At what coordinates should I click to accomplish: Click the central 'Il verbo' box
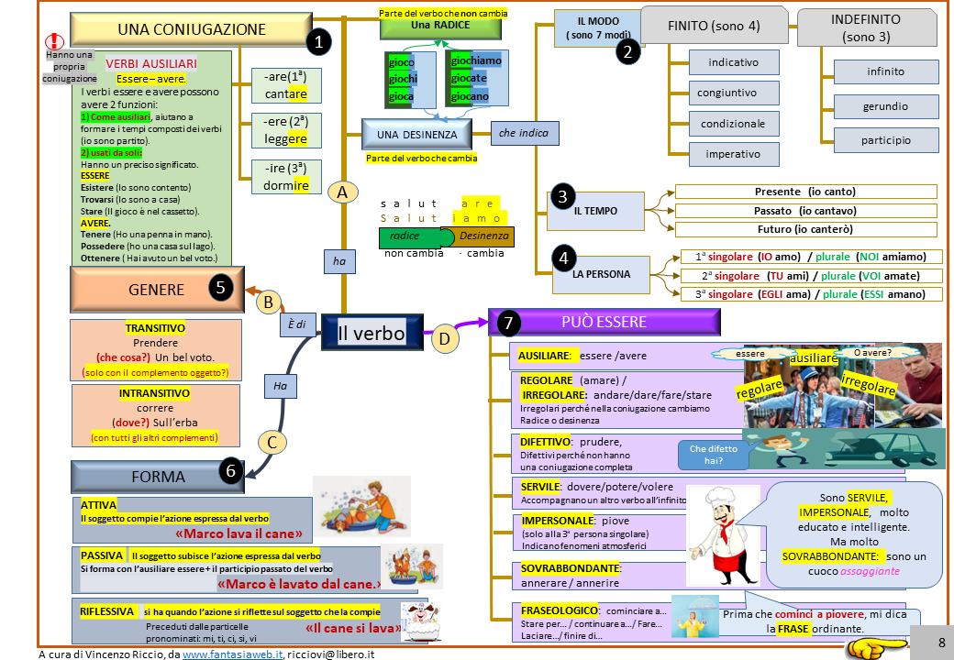[372, 333]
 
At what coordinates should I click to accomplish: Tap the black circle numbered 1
[318, 41]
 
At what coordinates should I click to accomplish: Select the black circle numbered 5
[220, 288]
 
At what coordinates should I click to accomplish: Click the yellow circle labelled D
[444, 339]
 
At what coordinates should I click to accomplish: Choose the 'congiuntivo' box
[727, 93]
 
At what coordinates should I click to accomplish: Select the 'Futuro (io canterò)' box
[805, 229]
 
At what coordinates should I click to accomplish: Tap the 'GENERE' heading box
[157, 290]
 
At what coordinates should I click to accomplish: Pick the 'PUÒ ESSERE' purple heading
[605, 322]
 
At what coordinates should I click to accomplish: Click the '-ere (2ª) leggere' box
[286, 131]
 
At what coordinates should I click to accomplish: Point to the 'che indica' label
[523, 134]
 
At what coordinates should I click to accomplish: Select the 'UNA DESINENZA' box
[416, 135]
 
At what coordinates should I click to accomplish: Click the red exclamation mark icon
[57, 40]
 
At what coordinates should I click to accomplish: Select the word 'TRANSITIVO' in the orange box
[155, 328]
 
